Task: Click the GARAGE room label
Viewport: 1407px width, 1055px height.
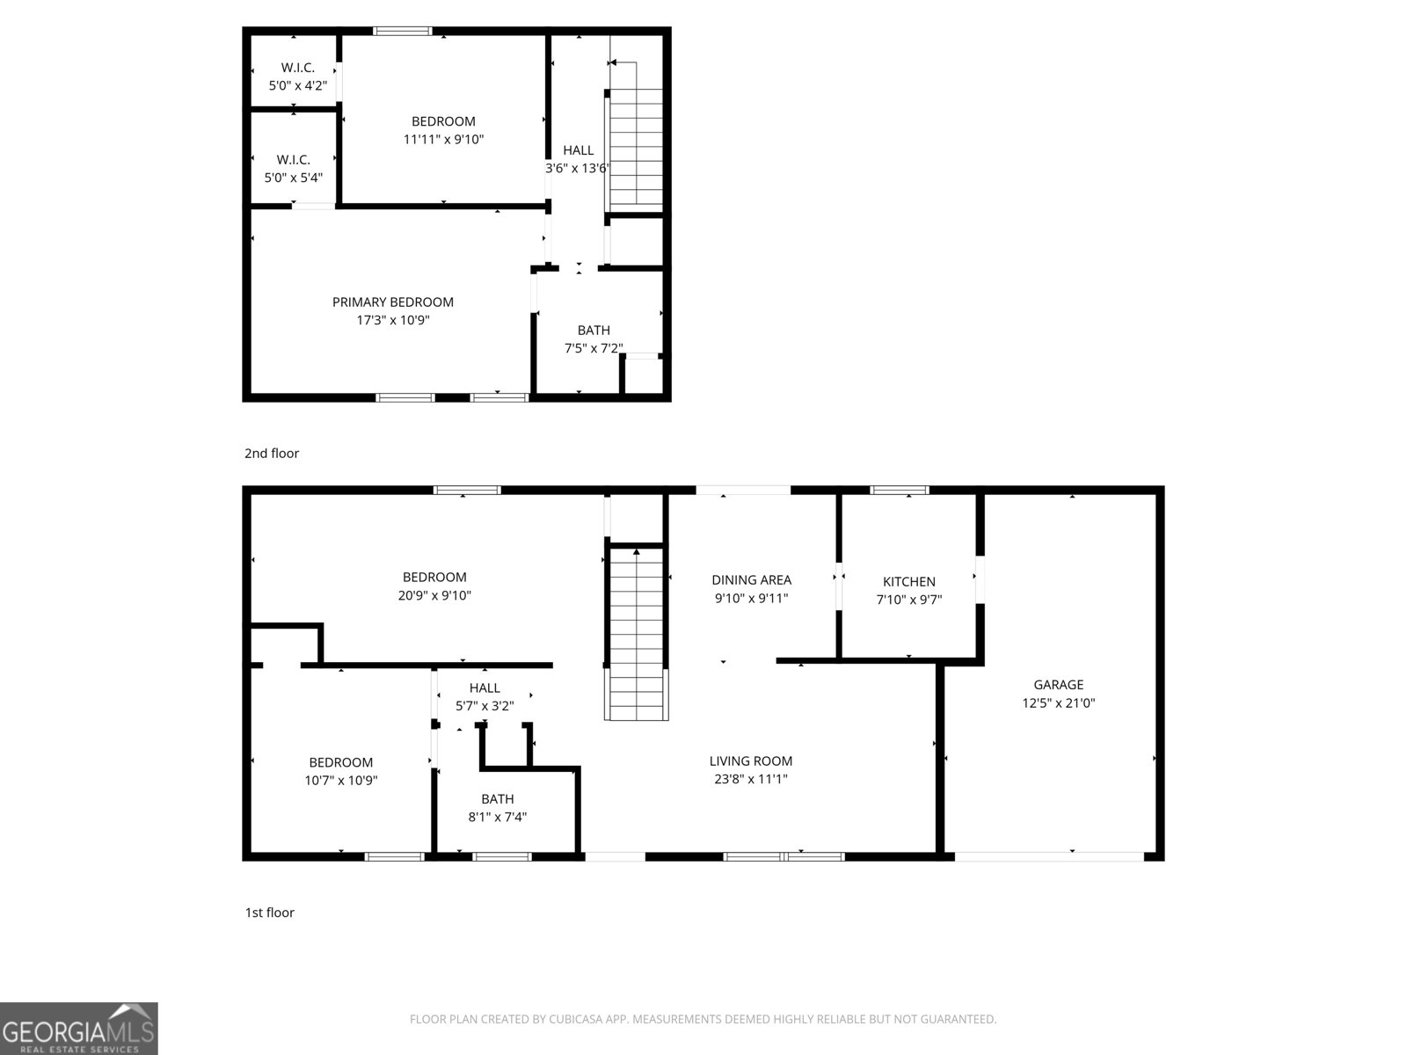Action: (x=1058, y=684)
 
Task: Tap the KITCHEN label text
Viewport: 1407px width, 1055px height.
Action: (x=908, y=581)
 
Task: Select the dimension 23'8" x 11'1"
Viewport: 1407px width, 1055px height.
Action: (x=750, y=779)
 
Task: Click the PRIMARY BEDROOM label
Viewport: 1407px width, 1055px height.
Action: (x=392, y=302)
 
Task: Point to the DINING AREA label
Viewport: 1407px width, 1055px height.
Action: (x=751, y=579)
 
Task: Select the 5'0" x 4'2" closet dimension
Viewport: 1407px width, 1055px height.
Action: (x=297, y=85)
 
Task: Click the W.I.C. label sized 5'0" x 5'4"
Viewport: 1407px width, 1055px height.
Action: (x=293, y=159)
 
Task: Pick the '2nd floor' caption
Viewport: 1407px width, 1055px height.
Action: (x=271, y=453)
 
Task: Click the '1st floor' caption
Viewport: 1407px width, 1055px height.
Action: (x=269, y=913)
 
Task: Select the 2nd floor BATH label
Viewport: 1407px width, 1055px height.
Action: (x=594, y=330)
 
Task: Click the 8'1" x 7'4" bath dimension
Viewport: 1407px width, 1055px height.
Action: (x=497, y=817)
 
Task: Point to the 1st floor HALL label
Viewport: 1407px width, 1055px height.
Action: (x=484, y=688)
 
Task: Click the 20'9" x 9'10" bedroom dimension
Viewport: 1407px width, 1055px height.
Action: (x=434, y=595)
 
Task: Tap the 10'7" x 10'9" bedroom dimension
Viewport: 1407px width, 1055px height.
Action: (x=341, y=781)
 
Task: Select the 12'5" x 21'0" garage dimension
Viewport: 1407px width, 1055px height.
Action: (x=1058, y=702)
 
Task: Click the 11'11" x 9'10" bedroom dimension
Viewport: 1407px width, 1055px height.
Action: (x=443, y=139)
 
